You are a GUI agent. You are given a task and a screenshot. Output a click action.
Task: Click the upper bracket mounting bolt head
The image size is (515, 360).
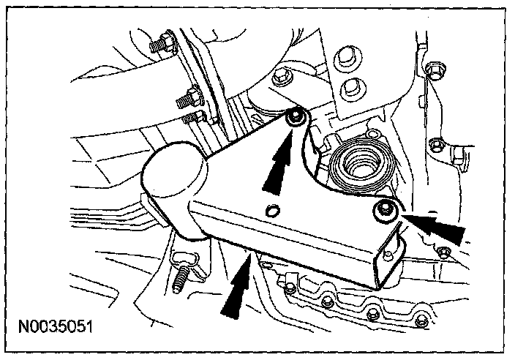pos(296,119)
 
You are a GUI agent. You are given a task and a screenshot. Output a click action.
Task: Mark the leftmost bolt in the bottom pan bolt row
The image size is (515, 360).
pos(290,288)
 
